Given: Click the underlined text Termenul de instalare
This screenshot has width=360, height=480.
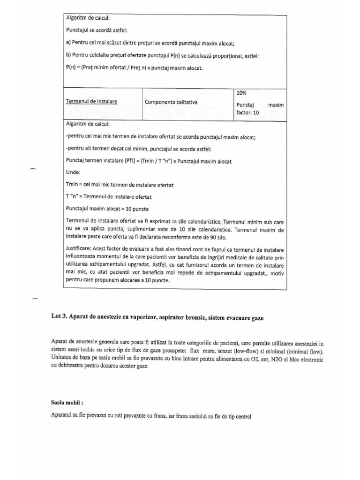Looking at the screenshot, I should pos(91,102).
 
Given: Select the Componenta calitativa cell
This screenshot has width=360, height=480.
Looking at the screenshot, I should pos(171,102).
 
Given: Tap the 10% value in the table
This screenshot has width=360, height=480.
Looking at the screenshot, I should pos(241,93).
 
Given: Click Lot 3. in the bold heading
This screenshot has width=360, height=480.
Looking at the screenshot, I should pos(58,318).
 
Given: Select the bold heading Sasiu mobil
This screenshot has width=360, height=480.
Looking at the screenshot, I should pos(64,403).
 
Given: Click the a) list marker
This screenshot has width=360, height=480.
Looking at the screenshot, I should pos(68,43).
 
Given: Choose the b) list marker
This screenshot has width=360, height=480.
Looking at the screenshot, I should pos(68,55).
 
